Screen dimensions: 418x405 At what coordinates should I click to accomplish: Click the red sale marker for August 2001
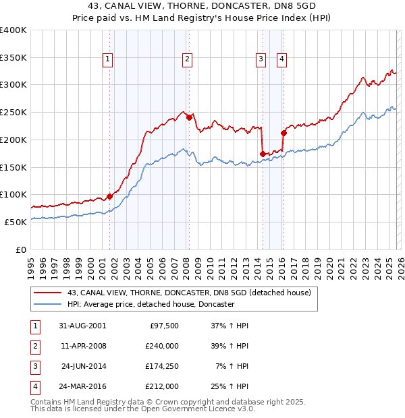tap(109, 196)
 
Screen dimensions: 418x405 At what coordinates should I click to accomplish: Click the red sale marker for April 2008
tap(189, 117)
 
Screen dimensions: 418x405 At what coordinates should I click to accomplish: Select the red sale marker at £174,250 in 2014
tap(263, 154)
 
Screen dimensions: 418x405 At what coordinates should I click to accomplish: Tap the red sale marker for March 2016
tap(283, 133)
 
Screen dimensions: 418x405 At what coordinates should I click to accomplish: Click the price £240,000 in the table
tap(162, 345)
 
